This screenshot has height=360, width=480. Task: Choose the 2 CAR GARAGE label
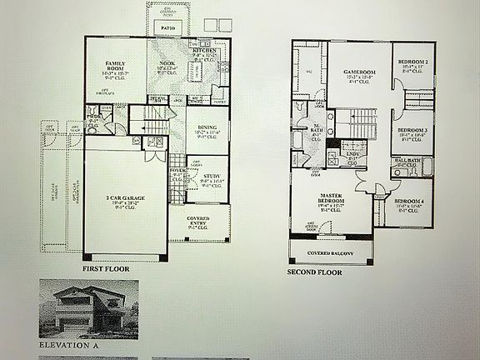[x=122, y=197]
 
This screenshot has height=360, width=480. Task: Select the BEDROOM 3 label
[x=412, y=130]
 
